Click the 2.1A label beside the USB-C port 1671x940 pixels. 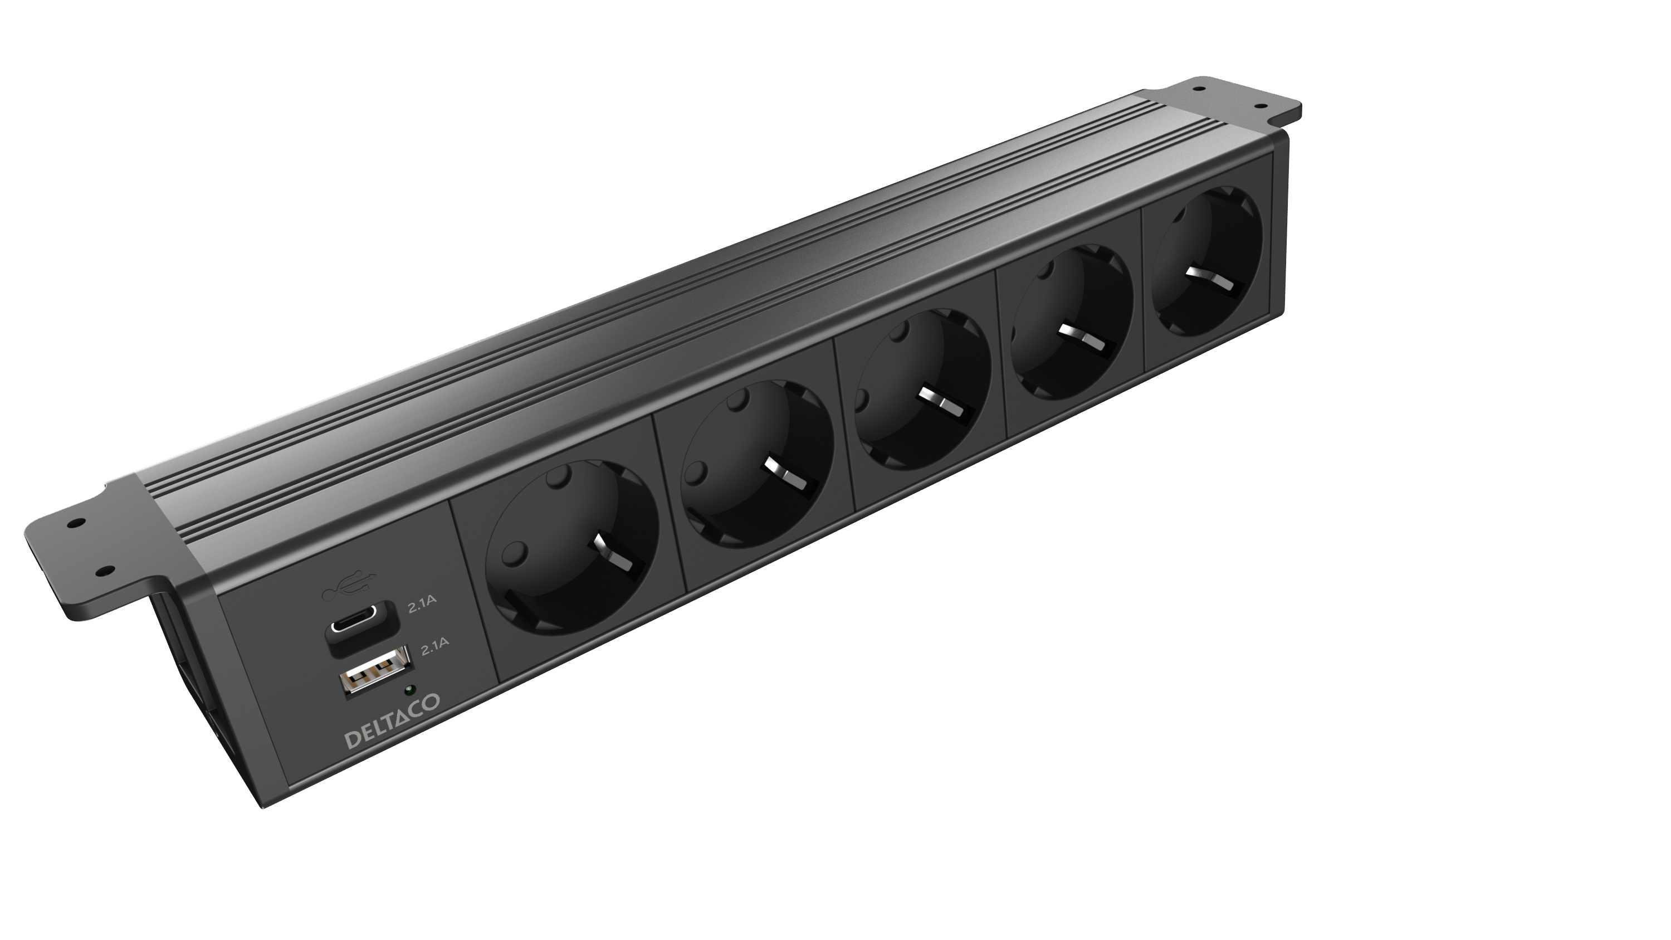tap(422, 607)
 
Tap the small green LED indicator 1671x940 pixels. tap(410, 690)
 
